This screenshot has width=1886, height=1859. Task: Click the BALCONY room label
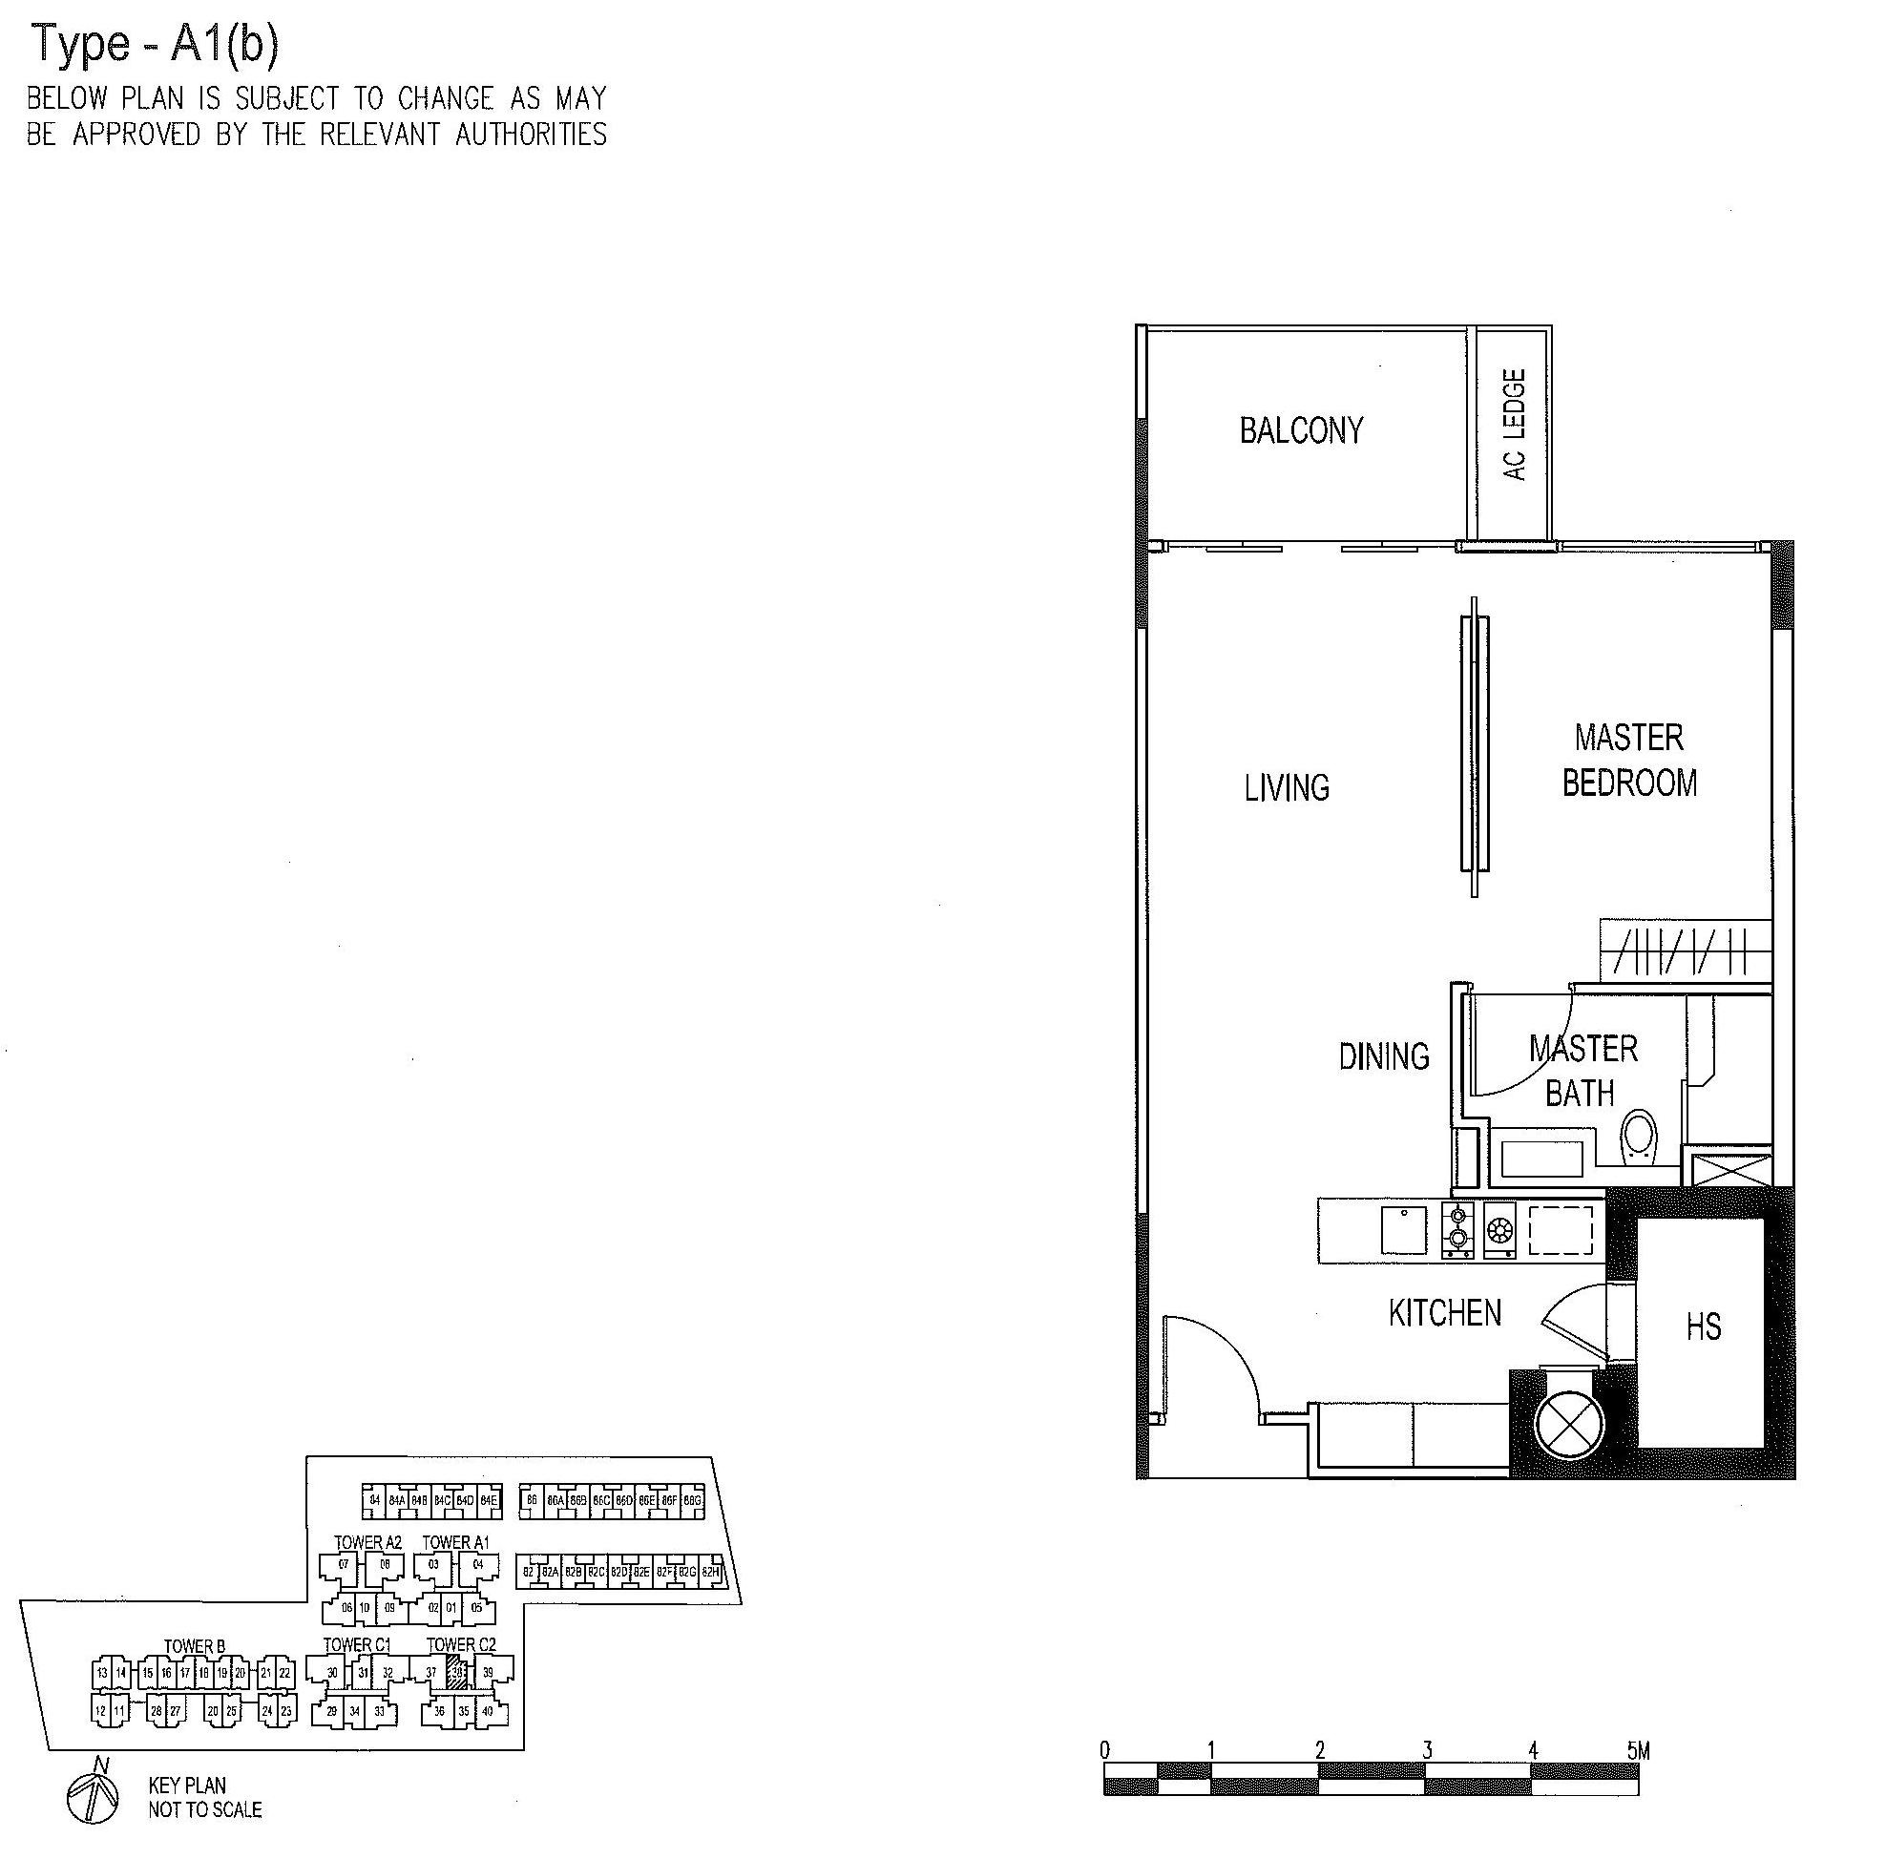pyautogui.click(x=1300, y=430)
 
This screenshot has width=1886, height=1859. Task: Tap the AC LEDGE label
pyautogui.click(x=1514, y=425)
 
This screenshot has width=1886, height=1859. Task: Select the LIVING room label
pyautogui.click(x=1287, y=787)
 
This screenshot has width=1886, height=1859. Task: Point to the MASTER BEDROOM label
pyautogui.click(x=1629, y=761)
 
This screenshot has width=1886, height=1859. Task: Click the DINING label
pyautogui.click(x=1383, y=1055)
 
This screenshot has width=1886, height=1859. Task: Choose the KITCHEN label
pyautogui.click(x=1445, y=1313)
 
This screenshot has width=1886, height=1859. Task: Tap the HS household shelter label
pyautogui.click(x=1704, y=1327)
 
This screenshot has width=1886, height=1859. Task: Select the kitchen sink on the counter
pyautogui.click(x=1404, y=1229)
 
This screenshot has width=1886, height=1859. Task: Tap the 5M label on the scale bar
pyautogui.click(x=1638, y=1750)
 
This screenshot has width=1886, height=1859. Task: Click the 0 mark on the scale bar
pyautogui.click(x=1104, y=1749)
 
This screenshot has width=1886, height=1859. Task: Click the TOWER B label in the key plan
pyautogui.click(x=195, y=1646)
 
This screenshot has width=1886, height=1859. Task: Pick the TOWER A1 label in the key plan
pyautogui.click(x=455, y=1542)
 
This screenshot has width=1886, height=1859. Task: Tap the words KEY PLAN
pyautogui.click(x=187, y=1785)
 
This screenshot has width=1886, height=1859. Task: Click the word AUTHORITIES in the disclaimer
pyautogui.click(x=531, y=135)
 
